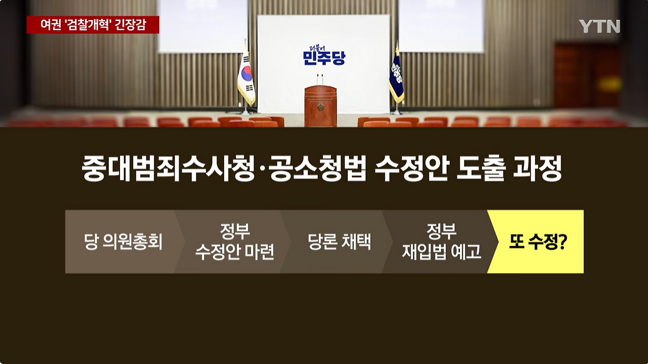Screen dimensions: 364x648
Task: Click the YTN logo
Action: [599, 26]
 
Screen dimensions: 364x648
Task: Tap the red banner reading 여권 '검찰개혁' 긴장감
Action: [93, 25]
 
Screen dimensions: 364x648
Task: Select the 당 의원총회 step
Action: [123, 242]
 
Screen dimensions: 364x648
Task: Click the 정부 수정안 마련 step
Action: [234, 242]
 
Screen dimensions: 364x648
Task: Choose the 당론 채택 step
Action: [339, 242]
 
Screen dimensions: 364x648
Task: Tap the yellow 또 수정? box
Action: [538, 242]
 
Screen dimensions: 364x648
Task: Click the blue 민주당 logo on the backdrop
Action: [323, 56]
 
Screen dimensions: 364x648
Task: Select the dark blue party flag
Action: [396, 76]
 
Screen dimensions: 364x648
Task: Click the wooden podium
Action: [320, 106]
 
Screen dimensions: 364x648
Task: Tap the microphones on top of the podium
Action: [320, 79]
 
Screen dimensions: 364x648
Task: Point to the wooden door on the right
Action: [587, 76]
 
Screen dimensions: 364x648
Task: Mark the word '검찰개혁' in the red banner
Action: [89, 25]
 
